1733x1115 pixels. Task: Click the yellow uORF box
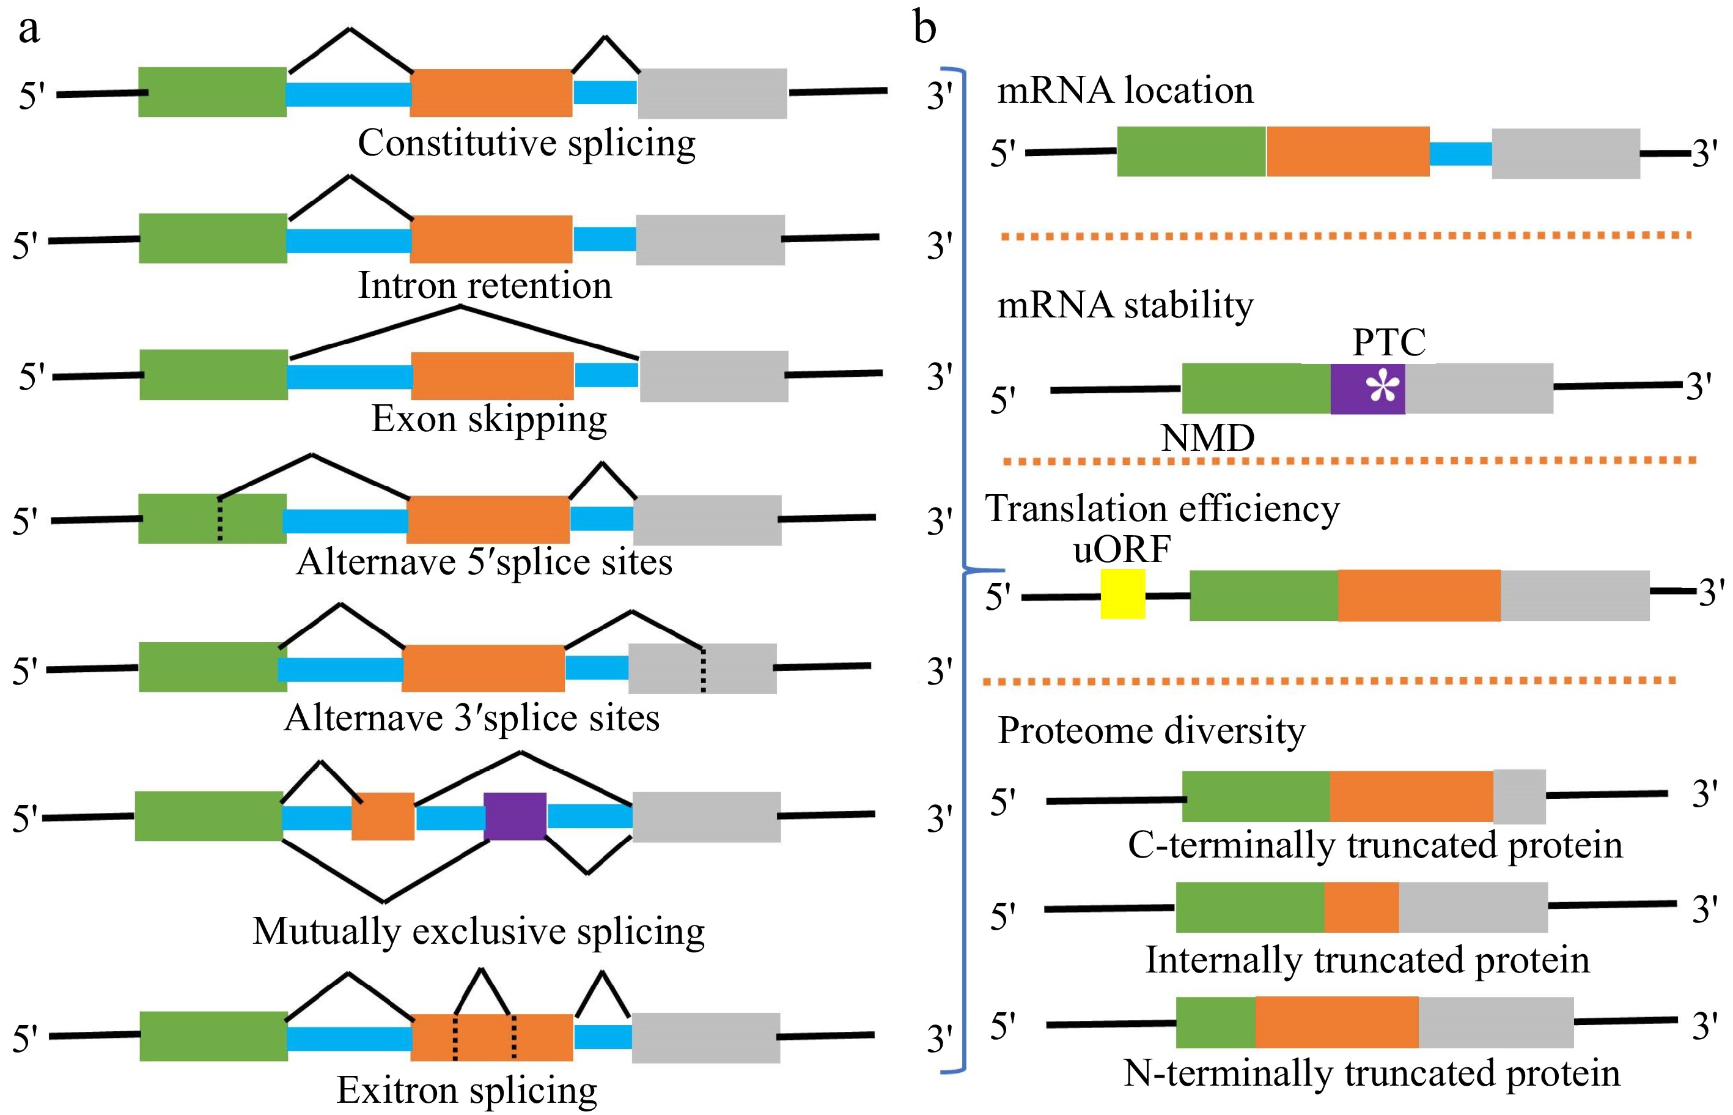coord(1122,594)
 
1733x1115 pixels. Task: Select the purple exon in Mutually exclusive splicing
coord(515,816)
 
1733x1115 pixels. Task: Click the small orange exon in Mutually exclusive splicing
coord(383,816)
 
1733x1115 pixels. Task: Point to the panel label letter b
coord(924,29)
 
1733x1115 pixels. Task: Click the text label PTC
coord(1389,342)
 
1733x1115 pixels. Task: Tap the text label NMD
coord(1207,438)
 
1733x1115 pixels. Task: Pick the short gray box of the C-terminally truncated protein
coord(1519,796)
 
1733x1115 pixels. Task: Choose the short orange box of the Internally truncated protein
coord(1361,907)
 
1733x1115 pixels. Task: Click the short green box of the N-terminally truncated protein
coord(1216,1021)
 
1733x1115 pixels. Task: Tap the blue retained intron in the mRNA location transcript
coord(1460,154)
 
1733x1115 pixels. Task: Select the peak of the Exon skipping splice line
coord(461,307)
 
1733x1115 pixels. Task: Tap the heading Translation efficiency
coord(1162,508)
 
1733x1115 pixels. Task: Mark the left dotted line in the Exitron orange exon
coord(455,1037)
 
